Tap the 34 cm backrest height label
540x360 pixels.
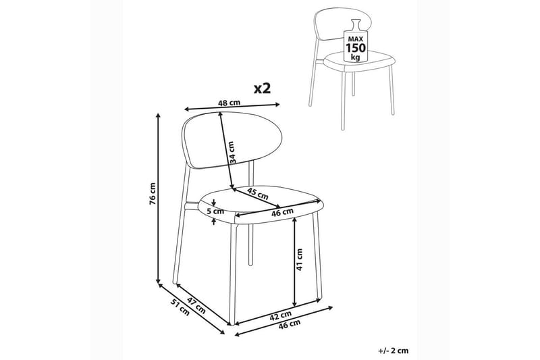pyautogui.click(x=231, y=153)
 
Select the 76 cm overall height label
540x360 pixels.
pyautogui.click(x=153, y=195)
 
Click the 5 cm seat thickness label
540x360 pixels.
pyautogui.click(x=216, y=211)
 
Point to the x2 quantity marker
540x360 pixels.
pyautogui.click(x=261, y=88)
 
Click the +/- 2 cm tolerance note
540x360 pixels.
pyautogui.click(x=394, y=351)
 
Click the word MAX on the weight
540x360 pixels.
pyautogui.click(x=355, y=39)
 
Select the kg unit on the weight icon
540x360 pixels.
pyautogui.click(x=355, y=58)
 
